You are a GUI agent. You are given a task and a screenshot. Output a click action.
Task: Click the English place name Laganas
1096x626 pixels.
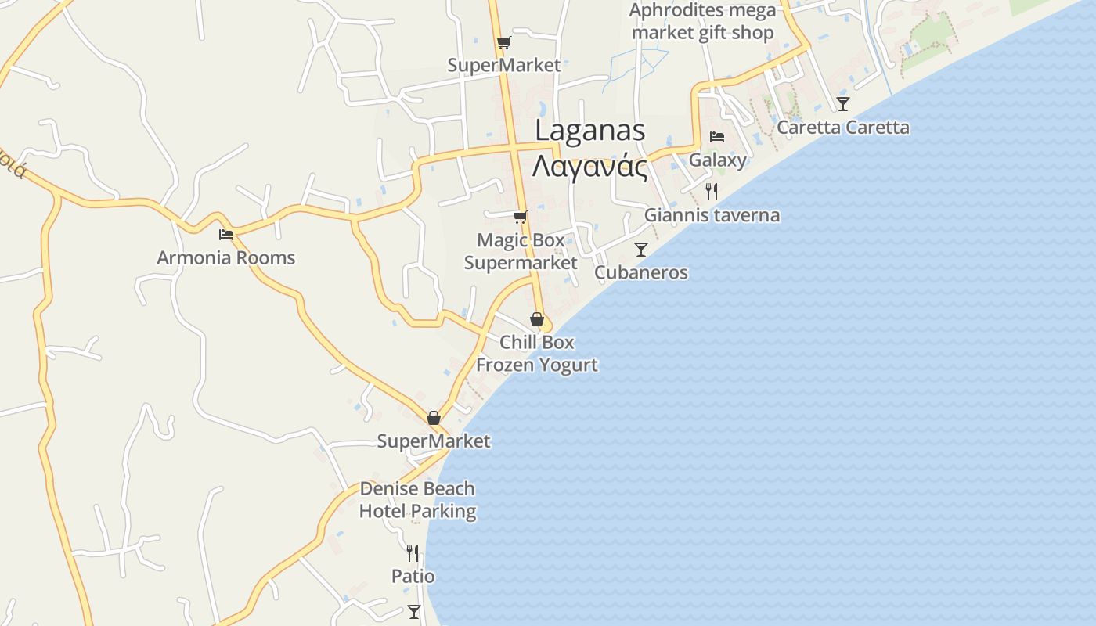(589, 131)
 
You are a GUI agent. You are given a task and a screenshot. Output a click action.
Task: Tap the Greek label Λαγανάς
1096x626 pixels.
(589, 167)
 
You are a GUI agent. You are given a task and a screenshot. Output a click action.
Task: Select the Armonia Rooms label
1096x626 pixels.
(226, 257)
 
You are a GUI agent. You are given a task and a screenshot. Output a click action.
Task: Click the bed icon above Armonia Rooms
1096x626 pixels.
(226, 234)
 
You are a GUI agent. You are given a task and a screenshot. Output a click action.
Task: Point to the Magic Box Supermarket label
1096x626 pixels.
(521, 251)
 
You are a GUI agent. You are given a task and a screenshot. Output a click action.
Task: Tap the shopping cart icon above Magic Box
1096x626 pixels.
(520, 217)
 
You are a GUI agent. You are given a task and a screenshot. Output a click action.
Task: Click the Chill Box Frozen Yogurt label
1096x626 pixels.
(537, 354)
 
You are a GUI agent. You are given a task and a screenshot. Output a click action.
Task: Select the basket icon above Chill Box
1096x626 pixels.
(537, 319)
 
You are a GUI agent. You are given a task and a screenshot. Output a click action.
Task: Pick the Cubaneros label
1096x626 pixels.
(641, 272)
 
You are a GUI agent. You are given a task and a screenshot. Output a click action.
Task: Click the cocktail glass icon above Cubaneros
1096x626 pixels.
(641, 250)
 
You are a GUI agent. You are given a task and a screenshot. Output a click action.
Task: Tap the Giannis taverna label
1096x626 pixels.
(712, 215)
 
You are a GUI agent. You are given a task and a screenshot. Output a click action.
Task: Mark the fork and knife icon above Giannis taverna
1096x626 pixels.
(712, 191)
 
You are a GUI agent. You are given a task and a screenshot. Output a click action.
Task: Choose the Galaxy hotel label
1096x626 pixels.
(718, 160)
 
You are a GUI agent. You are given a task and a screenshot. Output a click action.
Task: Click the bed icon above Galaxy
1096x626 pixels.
(717, 137)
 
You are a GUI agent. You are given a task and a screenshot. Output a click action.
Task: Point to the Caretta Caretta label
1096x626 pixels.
(843, 128)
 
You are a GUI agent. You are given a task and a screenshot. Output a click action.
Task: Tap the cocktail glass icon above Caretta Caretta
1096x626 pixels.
(843, 103)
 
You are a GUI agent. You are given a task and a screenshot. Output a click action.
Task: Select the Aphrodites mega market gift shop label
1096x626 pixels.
(702, 21)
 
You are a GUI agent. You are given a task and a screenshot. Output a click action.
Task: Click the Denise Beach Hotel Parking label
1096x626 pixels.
(417, 500)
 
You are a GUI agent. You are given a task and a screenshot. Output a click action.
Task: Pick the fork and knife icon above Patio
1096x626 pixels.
(413, 553)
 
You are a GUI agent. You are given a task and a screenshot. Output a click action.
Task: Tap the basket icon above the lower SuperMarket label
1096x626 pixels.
(434, 418)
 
